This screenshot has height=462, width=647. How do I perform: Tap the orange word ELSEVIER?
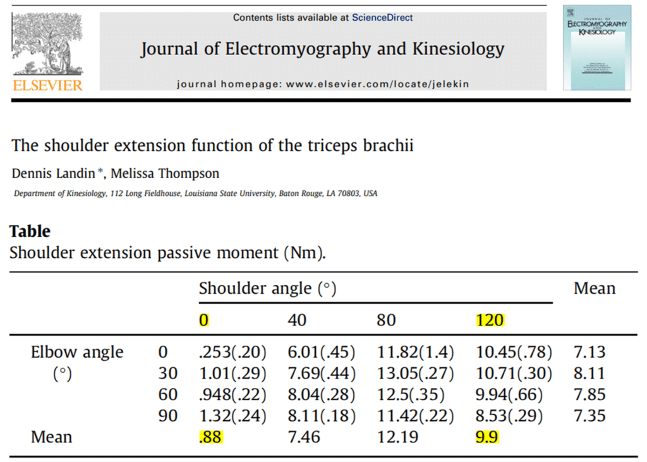point(47,85)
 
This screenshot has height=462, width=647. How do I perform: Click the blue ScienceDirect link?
point(382,18)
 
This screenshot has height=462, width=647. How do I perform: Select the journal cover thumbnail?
point(596,47)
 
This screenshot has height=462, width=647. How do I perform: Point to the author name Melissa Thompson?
point(165,173)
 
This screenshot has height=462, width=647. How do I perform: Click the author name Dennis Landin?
point(53,173)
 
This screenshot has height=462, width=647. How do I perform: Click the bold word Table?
point(30,231)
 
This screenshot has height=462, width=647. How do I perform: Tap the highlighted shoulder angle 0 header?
point(203,320)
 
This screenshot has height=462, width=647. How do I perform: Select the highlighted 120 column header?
point(490,320)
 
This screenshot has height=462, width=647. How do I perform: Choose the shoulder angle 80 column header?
point(387,320)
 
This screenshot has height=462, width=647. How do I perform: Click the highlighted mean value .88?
point(210,437)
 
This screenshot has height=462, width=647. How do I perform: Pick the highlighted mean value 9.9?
point(487,437)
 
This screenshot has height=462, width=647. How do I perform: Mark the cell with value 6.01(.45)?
point(321,351)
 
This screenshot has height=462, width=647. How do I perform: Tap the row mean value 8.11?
point(590,373)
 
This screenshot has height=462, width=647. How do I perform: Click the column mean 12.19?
point(396,437)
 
